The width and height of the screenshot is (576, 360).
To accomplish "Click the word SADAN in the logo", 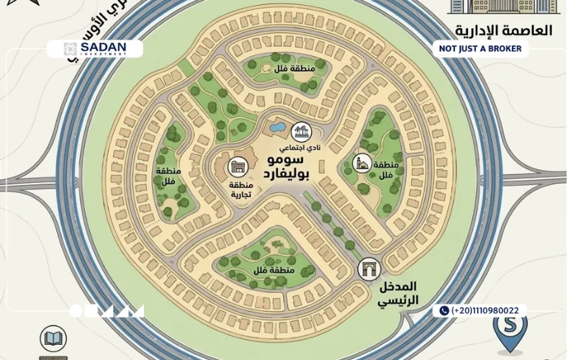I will [x=104, y=46].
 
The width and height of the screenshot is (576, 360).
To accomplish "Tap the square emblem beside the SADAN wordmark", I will [x=70, y=49].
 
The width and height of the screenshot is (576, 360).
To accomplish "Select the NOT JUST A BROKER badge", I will [x=481, y=49].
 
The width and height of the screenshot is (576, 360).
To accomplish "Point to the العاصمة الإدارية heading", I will [x=503, y=30].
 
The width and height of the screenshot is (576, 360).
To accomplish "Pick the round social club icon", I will [x=301, y=131].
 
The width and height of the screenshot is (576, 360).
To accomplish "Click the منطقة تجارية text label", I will [x=236, y=188].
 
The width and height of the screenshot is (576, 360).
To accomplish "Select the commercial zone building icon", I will [x=236, y=167].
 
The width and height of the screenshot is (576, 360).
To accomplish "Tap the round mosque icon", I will [x=364, y=163].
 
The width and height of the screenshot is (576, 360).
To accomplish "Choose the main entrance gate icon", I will [x=369, y=269].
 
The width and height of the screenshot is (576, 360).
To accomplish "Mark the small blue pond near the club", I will [x=276, y=127].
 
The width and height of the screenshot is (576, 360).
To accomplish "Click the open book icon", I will [x=53, y=338].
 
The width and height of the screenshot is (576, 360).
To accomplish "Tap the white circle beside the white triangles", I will [x=76, y=311].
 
